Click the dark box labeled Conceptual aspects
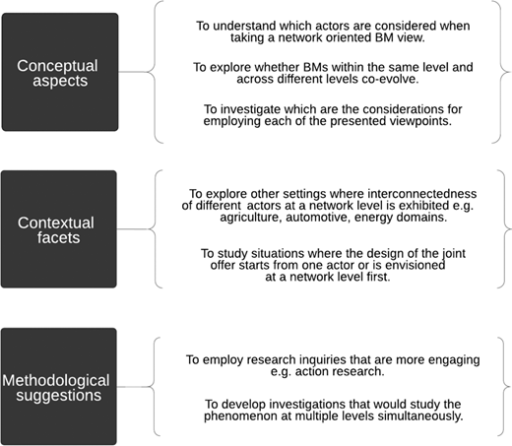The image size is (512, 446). [x=60, y=72]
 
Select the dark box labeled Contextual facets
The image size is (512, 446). [x=59, y=229]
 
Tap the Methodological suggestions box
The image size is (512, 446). [x=59, y=386]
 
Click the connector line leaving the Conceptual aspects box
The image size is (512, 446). [x=132, y=72]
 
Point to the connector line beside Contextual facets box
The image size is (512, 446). [x=132, y=228]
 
